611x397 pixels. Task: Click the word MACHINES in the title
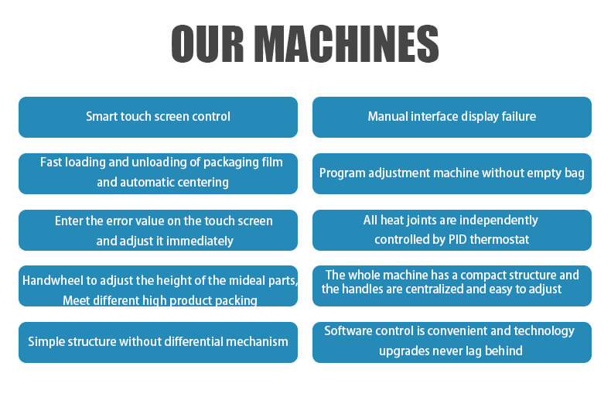point(349,43)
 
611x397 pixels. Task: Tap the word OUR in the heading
point(208,43)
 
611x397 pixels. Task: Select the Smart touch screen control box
point(159,117)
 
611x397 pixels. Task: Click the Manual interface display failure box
point(452,117)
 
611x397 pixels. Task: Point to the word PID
point(457,239)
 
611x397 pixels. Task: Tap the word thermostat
point(500,239)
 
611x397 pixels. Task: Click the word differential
point(193,341)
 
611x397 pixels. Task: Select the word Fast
point(50,163)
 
